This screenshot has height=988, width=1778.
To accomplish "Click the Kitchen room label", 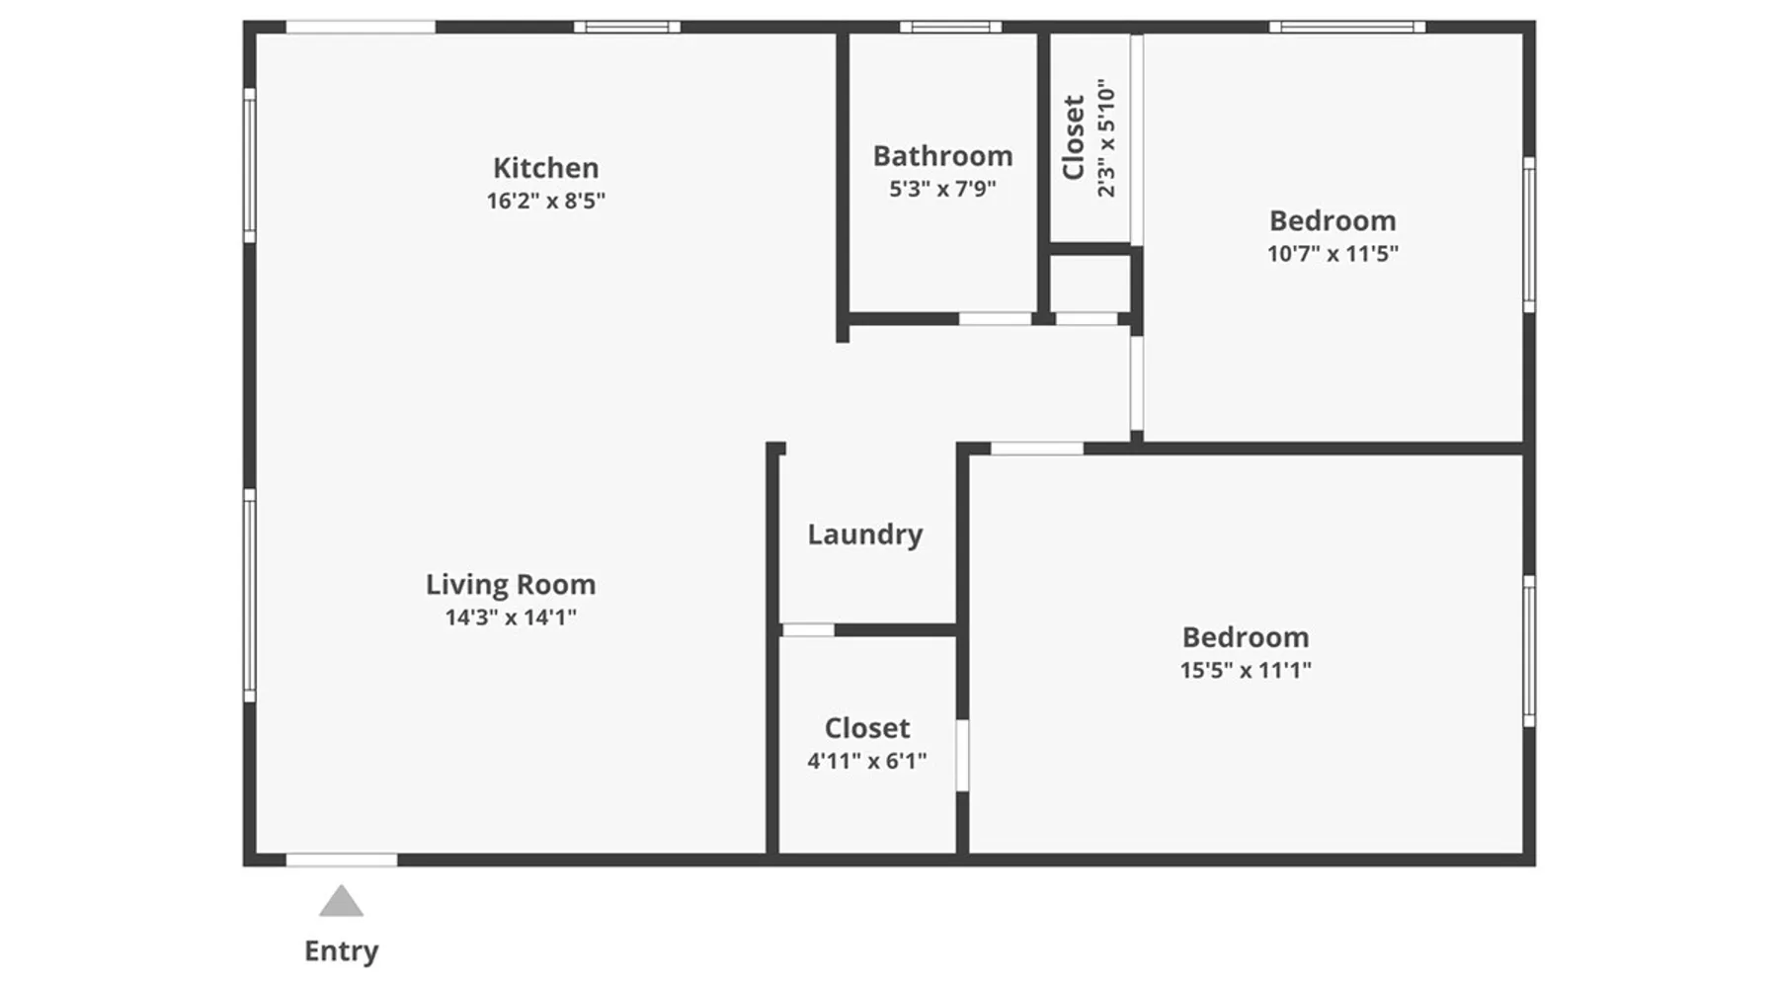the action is click(x=545, y=168).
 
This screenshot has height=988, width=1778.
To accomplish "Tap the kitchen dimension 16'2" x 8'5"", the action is click(x=545, y=201).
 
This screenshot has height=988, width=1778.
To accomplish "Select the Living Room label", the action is click(x=511, y=585).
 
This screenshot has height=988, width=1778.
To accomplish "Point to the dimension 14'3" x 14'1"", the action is click(x=511, y=617).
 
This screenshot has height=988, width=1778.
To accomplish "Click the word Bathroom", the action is click(x=942, y=156).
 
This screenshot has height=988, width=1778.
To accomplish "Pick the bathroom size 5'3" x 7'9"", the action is click(x=942, y=189).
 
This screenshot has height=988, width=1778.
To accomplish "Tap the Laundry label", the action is click(x=865, y=535).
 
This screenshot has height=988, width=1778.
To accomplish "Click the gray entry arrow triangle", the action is click(x=341, y=901).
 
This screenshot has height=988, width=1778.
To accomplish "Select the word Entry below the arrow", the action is click(x=341, y=950).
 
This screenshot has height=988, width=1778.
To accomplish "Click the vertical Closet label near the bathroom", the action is click(x=1074, y=137).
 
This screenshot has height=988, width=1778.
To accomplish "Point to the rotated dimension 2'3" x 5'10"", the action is click(x=1106, y=138).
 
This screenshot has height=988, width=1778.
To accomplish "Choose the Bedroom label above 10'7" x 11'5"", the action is click(x=1333, y=220).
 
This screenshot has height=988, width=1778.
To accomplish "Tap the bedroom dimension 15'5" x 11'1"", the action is click(x=1246, y=670).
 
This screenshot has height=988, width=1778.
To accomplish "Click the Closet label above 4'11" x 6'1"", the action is click(x=867, y=728).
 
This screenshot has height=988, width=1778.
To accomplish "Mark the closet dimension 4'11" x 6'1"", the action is click(x=867, y=761).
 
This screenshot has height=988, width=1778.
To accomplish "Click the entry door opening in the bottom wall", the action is click(x=342, y=861).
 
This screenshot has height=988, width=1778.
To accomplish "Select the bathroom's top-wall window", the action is click(x=950, y=27).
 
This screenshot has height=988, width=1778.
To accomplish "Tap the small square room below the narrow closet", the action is click(x=1090, y=284).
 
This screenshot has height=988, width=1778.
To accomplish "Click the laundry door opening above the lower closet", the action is click(x=808, y=630).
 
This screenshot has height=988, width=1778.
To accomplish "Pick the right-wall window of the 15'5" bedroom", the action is click(x=1529, y=651).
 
